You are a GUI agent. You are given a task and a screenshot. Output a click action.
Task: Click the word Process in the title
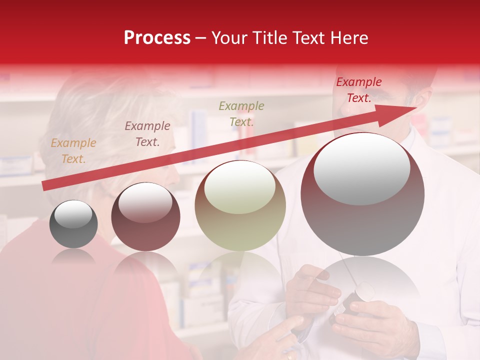click(157, 38)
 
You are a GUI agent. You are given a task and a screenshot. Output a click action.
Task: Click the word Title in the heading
click(269, 38)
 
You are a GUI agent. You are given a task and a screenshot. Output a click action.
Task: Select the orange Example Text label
click(73, 151)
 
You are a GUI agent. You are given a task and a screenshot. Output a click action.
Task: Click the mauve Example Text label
click(147, 134)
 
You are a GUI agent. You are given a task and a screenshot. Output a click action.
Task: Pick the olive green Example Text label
click(241, 113)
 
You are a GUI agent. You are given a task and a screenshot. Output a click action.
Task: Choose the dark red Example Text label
click(358, 90)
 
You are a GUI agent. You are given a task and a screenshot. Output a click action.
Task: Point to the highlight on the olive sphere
click(240, 186)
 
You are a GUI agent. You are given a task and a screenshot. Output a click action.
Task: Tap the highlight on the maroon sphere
click(145, 201)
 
